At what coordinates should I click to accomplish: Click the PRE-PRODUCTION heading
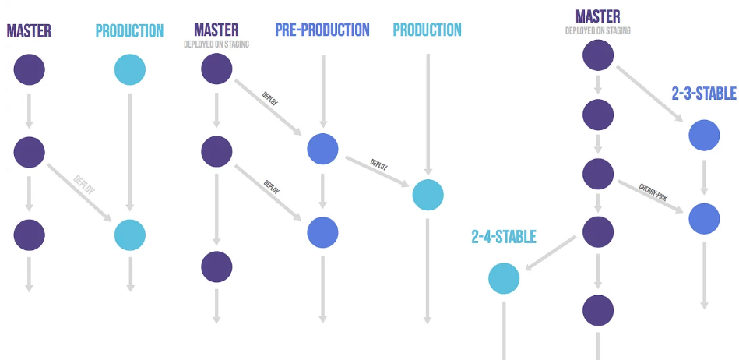click(x=322, y=30)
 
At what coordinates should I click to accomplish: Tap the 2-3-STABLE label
click(x=703, y=94)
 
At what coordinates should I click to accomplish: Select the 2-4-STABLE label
click(x=503, y=236)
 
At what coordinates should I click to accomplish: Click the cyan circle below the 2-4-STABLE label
click(x=504, y=279)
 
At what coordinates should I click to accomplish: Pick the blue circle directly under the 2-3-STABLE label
click(x=704, y=136)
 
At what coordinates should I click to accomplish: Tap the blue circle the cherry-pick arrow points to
click(x=704, y=218)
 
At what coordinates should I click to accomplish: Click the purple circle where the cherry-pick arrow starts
click(x=598, y=174)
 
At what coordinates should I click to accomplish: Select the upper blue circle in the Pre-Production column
click(x=322, y=149)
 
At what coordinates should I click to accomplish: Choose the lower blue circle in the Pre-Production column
click(x=322, y=231)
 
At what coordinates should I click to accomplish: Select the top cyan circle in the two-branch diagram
click(x=129, y=69)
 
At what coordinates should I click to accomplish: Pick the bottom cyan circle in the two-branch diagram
click(x=129, y=234)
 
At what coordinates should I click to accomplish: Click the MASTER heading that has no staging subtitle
click(x=29, y=31)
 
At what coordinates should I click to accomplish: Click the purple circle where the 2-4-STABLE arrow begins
click(x=598, y=231)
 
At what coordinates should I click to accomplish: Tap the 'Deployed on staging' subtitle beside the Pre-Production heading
click(x=216, y=44)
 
